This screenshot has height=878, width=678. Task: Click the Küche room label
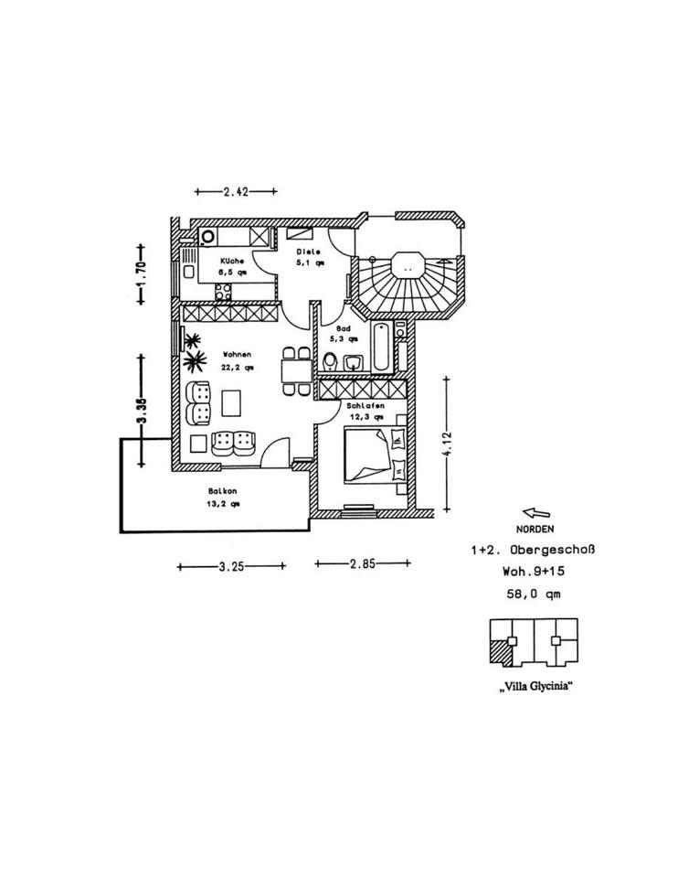coord(231,261)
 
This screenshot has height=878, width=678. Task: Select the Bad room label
coord(344,327)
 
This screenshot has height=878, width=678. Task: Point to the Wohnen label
coord(235,355)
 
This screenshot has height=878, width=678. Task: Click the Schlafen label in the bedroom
coord(364,406)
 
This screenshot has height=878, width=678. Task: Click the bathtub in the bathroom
coord(382,348)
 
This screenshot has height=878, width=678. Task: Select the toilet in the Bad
coord(333,359)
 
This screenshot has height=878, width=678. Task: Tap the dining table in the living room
coord(295,370)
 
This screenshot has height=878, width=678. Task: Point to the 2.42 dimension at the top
coord(236,192)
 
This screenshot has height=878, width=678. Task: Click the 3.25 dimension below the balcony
coord(230,566)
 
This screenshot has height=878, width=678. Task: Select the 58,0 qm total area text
coord(535,594)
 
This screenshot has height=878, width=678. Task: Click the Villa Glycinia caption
coord(535,688)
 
